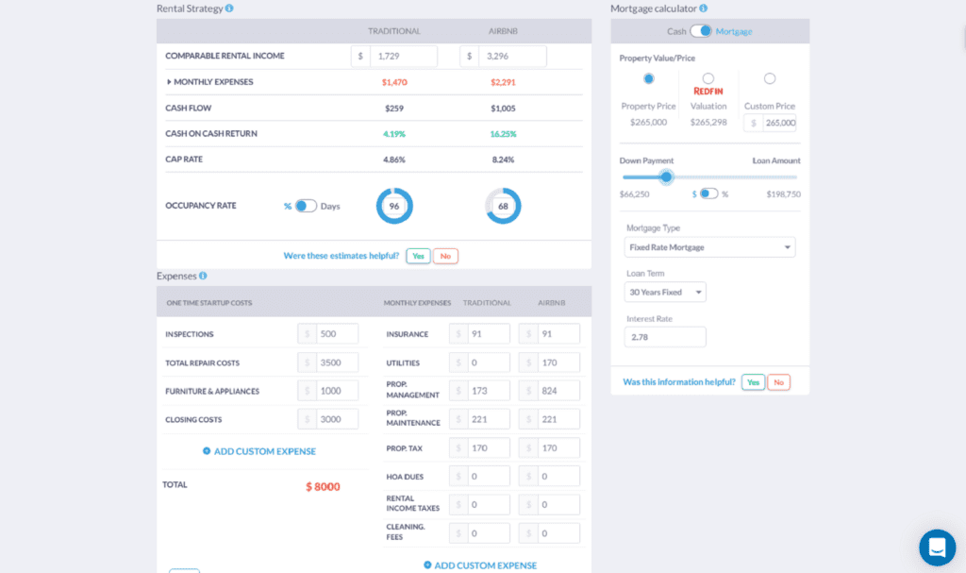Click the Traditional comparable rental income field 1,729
(x=403, y=57)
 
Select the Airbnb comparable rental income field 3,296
(x=512, y=57)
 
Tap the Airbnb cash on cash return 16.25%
(x=503, y=134)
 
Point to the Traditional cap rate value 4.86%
(x=394, y=160)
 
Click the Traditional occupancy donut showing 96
(x=394, y=206)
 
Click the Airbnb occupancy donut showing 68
(x=503, y=206)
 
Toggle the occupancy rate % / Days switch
(x=306, y=206)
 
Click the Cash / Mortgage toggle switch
(x=701, y=31)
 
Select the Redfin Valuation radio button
(x=708, y=78)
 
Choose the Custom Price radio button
(x=770, y=78)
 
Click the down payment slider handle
(x=666, y=177)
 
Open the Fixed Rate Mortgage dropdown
(x=710, y=247)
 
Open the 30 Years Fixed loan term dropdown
(x=665, y=293)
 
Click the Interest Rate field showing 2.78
(x=665, y=337)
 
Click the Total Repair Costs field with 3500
(x=338, y=362)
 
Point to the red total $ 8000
(x=323, y=487)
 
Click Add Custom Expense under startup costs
(x=259, y=451)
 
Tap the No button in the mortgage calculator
(x=778, y=382)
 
